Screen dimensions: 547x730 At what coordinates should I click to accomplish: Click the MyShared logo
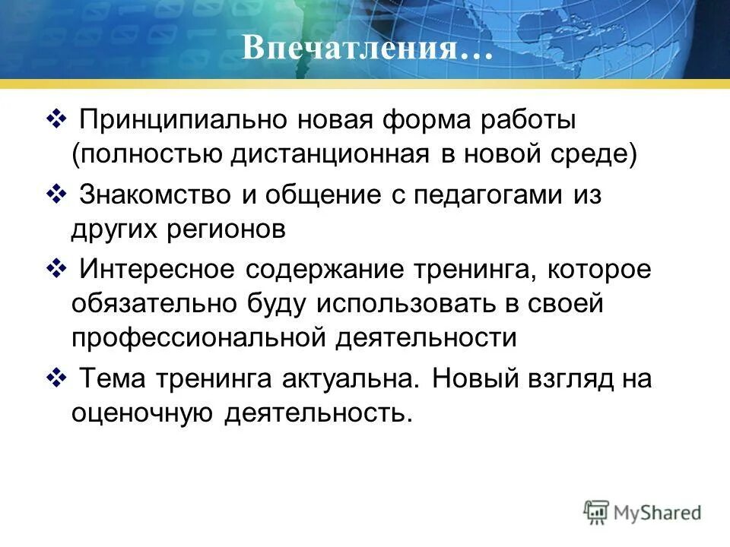tap(643, 513)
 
